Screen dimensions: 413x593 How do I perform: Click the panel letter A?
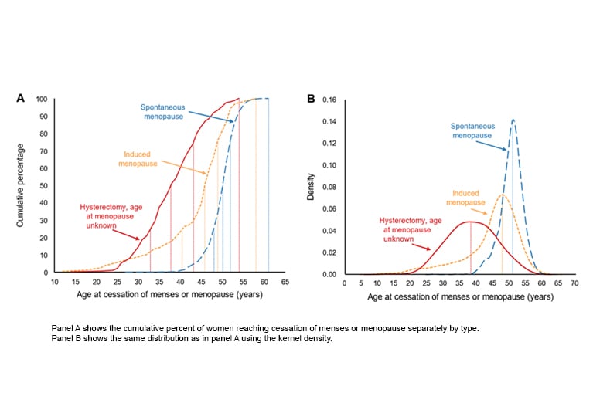pyautogui.click(x=22, y=98)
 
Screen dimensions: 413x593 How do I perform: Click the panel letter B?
pyautogui.click(x=312, y=98)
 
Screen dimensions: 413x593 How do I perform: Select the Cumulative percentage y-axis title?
pyautogui.click(x=22, y=185)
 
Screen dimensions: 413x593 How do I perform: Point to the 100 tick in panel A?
pyautogui.click(x=41, y=100)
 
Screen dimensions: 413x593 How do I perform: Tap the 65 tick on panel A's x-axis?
pyautogui.click(x=285, y=282)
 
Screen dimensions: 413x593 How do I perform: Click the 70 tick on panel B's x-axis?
pyautogui.click(x=575, y=283)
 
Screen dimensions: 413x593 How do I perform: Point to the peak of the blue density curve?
pyautogui.click(x=512, y=120)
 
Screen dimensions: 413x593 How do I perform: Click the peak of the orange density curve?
pyautogui.click(x=502, y=195)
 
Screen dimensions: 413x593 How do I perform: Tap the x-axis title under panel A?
pyautogui.click(x=169, y=295)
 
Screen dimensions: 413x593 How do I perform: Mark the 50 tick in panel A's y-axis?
pyautogui.click(x=43, y=186)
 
